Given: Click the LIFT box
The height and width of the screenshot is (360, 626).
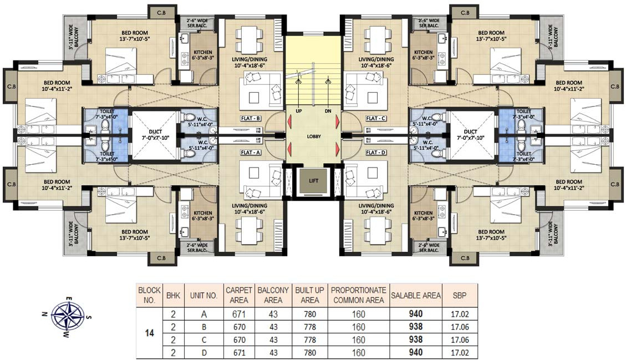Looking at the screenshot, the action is pyautogui.click(x=314, y=181).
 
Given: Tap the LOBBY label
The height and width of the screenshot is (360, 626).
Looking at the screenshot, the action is pyautogui.click(x=314, y=136).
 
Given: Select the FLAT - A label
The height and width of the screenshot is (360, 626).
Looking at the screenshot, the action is pyautogui.click(x=251, y=152).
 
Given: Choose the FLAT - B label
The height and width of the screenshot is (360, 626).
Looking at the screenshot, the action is pyautogui.click(x=251, y=118).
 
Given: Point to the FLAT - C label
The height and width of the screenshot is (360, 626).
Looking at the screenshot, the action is pyautogui.click(x=376, y=118).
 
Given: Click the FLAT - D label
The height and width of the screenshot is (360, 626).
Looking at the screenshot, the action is pyautogui.click(x=376, y=152).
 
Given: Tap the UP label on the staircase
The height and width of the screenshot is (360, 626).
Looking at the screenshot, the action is pyautogui.click(x=299, y=111).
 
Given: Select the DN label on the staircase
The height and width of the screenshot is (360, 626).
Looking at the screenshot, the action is pyautogui.click(x=328, y=111).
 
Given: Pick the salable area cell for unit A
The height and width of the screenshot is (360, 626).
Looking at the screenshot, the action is pyautogui.click(x=416, y=313).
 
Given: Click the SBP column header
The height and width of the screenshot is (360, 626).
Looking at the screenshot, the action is pyautogui.click(x=460, y=295).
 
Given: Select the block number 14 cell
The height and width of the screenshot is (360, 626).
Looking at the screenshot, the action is pyautogui.click(x=149, y=333).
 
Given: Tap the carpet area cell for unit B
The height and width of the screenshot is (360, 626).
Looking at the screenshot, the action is pyautogui.click(x=239, y=327).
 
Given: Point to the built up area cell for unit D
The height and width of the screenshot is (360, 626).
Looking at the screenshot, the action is pyautogui.click(x=310, y=352).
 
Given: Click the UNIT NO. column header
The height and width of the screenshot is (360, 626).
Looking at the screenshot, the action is pyautogui.click(x=203, y=295).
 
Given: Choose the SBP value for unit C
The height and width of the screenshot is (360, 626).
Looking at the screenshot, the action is pyautogui.click(x=460, y=339).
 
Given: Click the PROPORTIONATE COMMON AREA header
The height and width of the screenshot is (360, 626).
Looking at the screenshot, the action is pyautogui.click(x=359, y=295).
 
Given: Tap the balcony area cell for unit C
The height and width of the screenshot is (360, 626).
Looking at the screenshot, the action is pyautogui.click(x=273, y=339).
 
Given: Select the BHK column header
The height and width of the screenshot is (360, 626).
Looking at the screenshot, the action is pyautogui.click(x=173, y=295).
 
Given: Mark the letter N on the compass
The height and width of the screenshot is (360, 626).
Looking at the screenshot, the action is pyautogui.click(x=44, y=314).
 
